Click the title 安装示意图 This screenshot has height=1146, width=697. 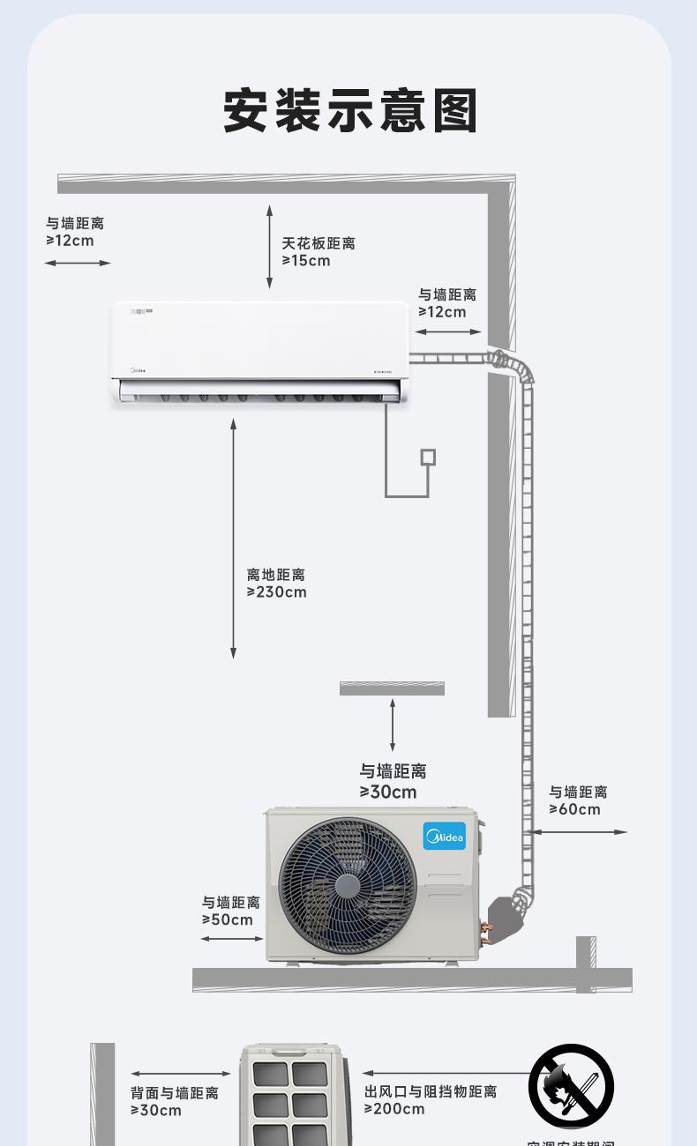(x=350, y=111)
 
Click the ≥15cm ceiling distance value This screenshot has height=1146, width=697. (x=306, y=261)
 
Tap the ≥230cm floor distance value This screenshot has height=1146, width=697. (x=277, y=592)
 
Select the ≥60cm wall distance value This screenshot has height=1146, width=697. (x=574, y=809)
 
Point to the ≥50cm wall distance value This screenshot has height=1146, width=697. (x=228, y=920)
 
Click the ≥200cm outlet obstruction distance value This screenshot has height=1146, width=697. (x=394, y=1110)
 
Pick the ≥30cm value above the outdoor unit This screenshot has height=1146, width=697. (x=388, y=793)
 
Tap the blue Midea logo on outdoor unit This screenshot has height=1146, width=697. (x=444, y=836)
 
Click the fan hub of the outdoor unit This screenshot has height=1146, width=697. (x=348, y=886)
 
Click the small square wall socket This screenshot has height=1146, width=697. (x=428, y=457)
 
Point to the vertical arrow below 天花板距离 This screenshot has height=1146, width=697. (x=269, y=246)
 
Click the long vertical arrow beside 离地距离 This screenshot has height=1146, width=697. (x=234, y=538)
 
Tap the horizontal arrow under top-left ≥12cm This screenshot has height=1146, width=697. (x=78, y=263)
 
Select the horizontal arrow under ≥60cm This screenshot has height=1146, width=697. (x=578, y=831)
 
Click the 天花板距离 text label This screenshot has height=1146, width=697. (x=319, y=243)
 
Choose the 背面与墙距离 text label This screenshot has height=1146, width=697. (x=175, y=1093)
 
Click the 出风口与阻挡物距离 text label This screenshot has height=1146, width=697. (x=431, y=1092)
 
